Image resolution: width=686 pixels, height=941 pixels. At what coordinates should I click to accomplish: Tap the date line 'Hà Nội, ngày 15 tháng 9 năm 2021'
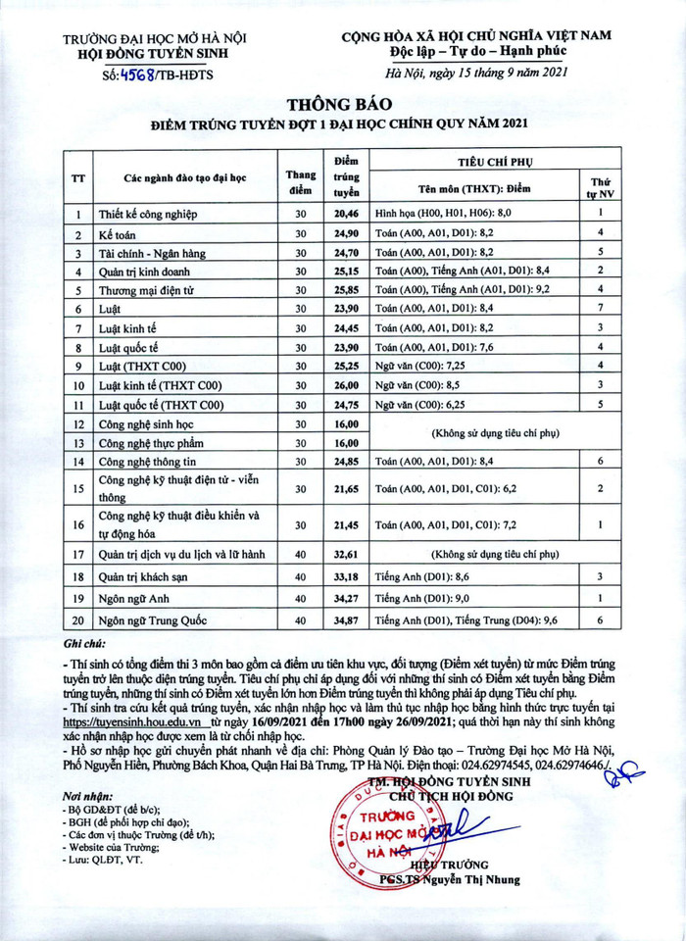(479, 73)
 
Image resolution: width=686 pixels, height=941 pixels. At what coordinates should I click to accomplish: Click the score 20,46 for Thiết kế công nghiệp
(347, 213)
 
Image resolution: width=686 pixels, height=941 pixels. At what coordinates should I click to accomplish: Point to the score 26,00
(347, 385)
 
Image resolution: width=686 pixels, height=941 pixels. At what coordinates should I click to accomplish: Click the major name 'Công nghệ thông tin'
(148, 462)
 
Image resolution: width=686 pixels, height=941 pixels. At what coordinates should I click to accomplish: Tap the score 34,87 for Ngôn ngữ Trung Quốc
(347, 621)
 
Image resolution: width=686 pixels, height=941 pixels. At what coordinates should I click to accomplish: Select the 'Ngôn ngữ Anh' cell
(132, 598)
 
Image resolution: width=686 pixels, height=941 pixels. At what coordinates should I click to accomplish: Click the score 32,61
(347, 554)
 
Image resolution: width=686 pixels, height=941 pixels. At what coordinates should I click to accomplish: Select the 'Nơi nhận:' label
(85, 796)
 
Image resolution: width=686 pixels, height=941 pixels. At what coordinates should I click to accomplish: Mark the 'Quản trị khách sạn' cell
(144, 576)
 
